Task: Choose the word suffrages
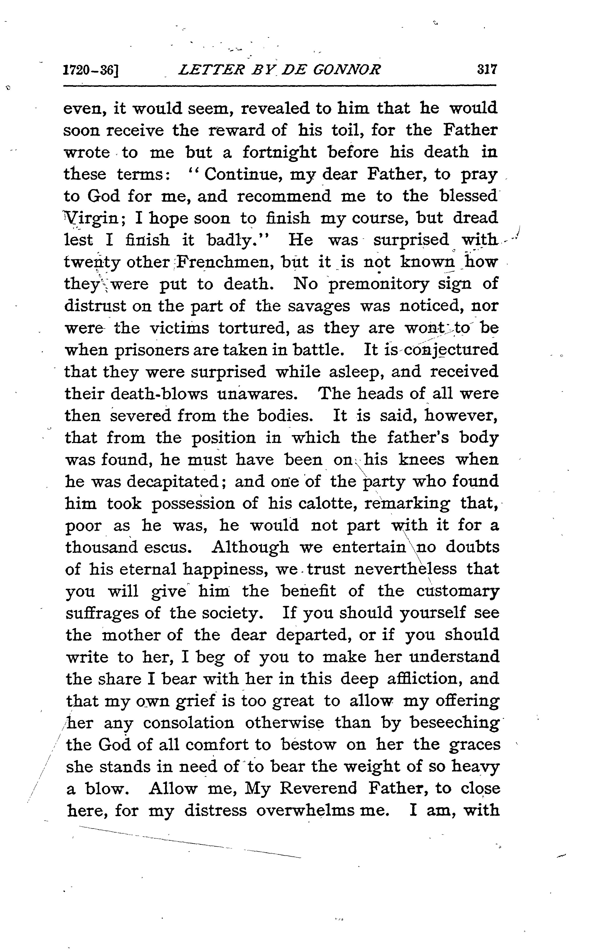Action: [x=101, y=613]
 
